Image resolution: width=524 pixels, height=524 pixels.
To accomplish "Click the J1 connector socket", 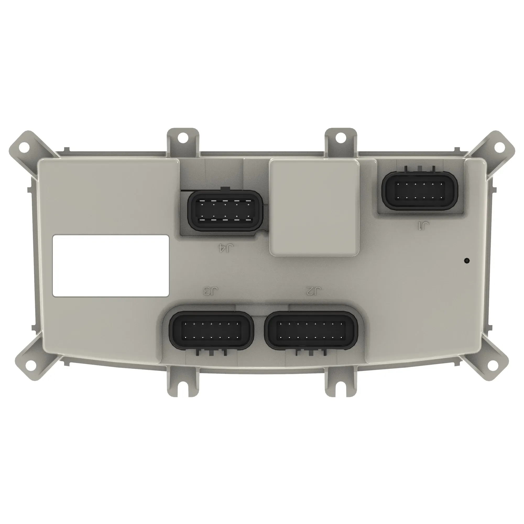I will click(419, 191).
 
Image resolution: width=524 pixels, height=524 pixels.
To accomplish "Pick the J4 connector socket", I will click(225, 211).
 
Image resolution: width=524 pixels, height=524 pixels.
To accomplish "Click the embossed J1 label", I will click(423, 226).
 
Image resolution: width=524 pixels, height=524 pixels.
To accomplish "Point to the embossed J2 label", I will click(314, 292).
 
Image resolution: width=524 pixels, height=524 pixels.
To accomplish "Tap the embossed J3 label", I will click(211, 292).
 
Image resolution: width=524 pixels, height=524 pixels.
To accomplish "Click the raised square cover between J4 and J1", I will click(314, 208).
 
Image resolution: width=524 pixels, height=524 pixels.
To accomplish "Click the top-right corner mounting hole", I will click(498, 147).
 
